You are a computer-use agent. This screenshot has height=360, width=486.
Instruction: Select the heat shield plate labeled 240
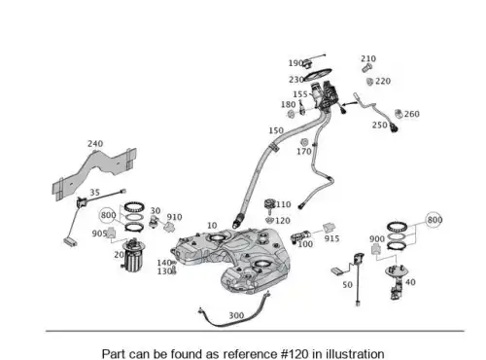[x=94, y=173]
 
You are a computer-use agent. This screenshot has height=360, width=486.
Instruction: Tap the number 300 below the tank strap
[x=236, y=315]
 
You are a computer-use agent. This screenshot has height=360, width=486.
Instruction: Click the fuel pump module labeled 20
[x=133, y=255]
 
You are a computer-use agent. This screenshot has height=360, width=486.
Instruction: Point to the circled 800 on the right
[x=434, y=220]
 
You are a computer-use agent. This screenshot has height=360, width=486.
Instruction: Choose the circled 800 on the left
[x=108, y=215]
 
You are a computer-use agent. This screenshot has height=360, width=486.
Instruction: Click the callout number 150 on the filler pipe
[x=276, y=130]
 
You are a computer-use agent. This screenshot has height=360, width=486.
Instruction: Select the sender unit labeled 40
[x=397, y=281]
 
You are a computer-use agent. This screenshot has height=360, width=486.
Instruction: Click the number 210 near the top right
[x=368, y=58]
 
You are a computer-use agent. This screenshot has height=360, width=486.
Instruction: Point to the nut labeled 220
[x=369, y=82]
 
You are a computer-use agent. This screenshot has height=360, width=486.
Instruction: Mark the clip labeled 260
[x=399, y=114]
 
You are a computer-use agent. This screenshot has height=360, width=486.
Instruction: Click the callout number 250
[x=380, y=125]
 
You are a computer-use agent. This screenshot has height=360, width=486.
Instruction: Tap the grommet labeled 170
[x=304, y=142]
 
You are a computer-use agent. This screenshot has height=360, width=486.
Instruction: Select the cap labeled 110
[x=269, y=204]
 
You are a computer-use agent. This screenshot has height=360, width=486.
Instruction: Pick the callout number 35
[x=94, y=193]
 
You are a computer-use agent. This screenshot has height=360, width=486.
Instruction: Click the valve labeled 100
[x=300, y=236]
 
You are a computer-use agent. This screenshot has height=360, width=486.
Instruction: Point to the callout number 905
[x=99, y=234]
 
